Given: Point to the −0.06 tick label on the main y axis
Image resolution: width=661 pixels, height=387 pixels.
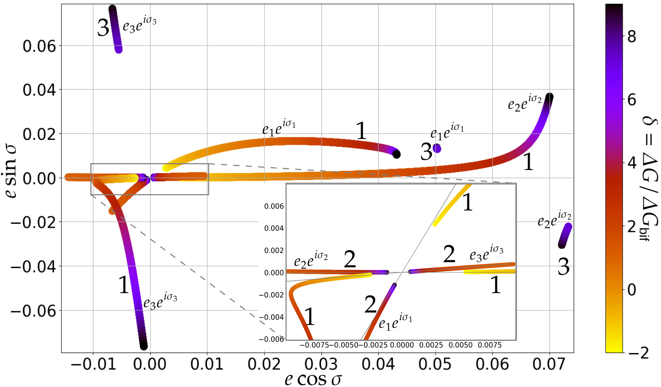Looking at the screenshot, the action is point(33,310).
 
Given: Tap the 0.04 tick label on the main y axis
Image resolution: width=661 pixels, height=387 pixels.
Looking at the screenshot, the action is point(39,90).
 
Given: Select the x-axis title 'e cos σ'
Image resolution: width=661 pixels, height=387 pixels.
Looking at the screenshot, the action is point(313,379).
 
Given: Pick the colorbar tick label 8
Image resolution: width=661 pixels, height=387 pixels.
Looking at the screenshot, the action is point(632,37).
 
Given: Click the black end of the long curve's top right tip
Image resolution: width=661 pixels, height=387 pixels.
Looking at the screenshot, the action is point(549,97).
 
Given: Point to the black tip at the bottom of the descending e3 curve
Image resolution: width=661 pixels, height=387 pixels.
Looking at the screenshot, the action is point(144,346).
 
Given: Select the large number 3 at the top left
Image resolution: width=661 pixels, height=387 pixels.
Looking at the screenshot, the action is point(103,29).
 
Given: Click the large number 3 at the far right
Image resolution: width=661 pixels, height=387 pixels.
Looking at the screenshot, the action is point(563,267).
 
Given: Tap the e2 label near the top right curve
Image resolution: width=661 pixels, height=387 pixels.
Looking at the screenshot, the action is point(525,102).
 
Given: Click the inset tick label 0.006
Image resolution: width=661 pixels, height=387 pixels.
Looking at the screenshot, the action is point(274,206).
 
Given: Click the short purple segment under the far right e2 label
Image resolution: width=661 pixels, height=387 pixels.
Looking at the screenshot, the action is point(565,235).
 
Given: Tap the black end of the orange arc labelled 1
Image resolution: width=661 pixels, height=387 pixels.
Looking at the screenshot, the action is point(397,154).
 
